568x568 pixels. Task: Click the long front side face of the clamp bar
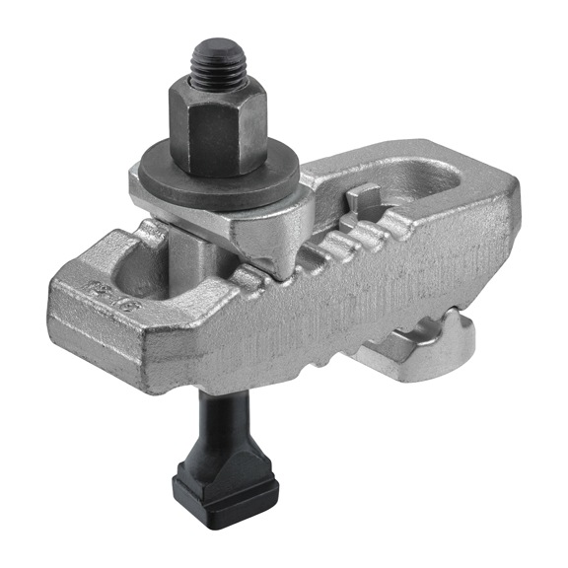(325, 316)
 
